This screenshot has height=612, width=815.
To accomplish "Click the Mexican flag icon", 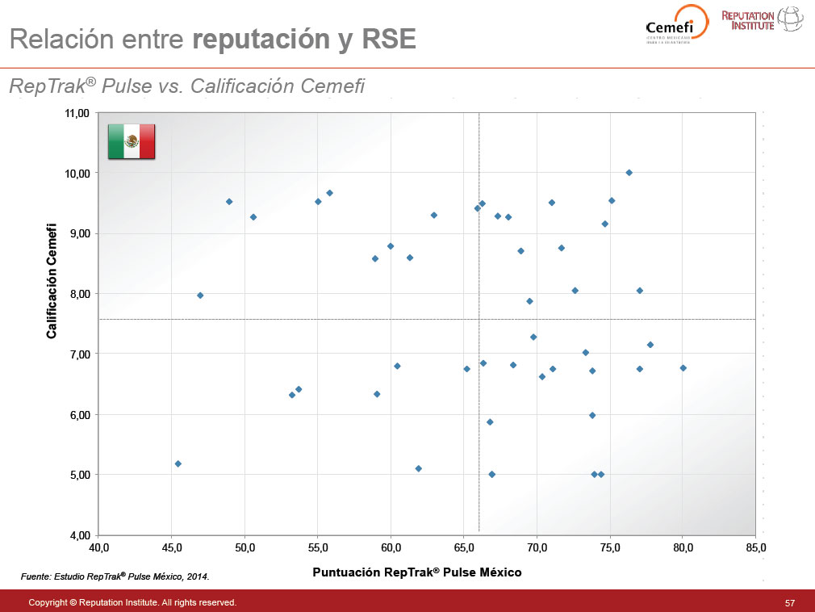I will pos(132,141).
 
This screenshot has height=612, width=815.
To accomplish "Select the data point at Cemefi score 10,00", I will pos(629,173).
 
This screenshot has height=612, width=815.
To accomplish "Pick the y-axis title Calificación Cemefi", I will pos(52,280).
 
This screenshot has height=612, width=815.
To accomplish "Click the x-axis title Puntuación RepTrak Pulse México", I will pos(416,572).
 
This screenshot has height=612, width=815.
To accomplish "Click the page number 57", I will pos(789,602).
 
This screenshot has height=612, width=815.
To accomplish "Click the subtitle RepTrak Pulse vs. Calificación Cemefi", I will pos(186,86).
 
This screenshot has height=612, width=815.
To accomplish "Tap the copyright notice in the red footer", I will pos(132,602).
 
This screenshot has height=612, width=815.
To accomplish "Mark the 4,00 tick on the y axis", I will pos(78,535).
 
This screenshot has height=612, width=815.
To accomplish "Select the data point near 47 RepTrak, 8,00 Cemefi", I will pos(200,296).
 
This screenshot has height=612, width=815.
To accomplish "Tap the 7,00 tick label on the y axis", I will pos(78,354).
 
